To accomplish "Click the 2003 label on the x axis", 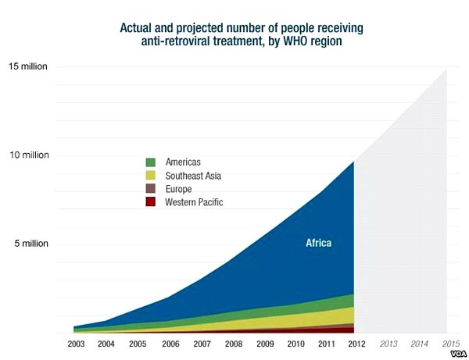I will click(x=76, y=344).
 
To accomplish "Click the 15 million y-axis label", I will click(x=30, y=66).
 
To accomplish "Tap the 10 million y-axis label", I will click(x=30, y=155).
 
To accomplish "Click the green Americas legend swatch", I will click(x=150, y=162).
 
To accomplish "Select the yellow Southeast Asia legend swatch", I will click(x=150, y=176).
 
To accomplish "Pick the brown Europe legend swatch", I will click(x=150, y=189).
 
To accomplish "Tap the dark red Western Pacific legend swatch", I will click(x=150, y=202).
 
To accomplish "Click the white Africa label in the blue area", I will click(x=318, y=244).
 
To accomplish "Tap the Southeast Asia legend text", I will click(x=193, y=176).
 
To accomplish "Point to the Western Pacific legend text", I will click(x=194, y=202).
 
